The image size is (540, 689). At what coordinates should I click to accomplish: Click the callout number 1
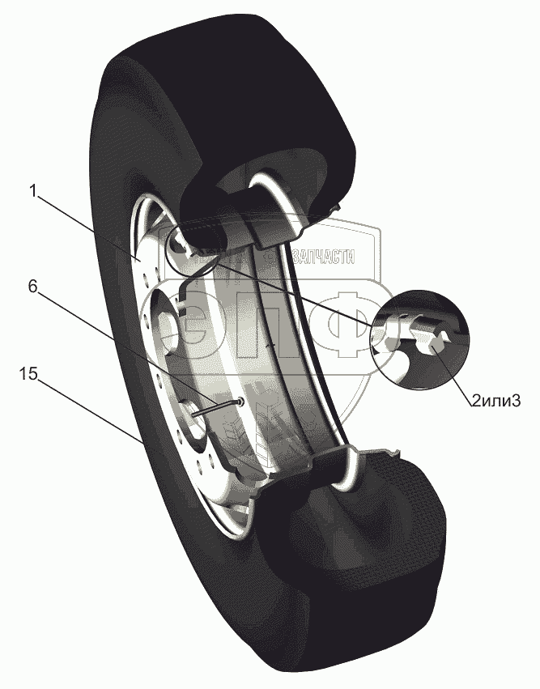(32, 192)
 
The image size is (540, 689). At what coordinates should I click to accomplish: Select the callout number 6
(33, 287)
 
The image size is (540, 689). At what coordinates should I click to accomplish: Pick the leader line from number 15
(89, 411)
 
